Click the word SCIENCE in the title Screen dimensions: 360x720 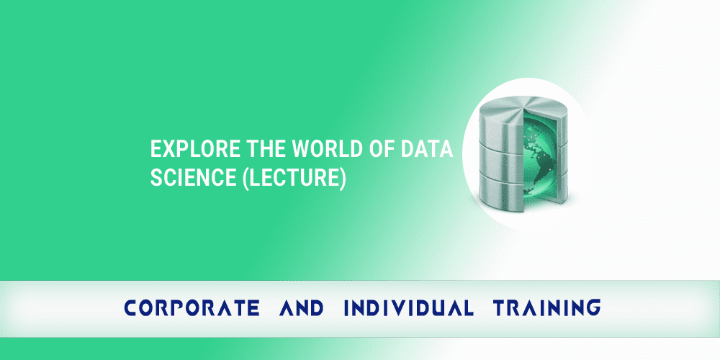point(184,179)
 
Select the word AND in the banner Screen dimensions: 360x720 point(300,309)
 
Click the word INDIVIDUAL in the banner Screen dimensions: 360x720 point(408,309)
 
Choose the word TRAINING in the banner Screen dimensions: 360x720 point(546,309)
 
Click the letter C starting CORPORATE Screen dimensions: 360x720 point(130,309)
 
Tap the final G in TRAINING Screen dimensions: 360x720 point(593,309)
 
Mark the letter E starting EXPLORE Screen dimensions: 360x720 point(155,150)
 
